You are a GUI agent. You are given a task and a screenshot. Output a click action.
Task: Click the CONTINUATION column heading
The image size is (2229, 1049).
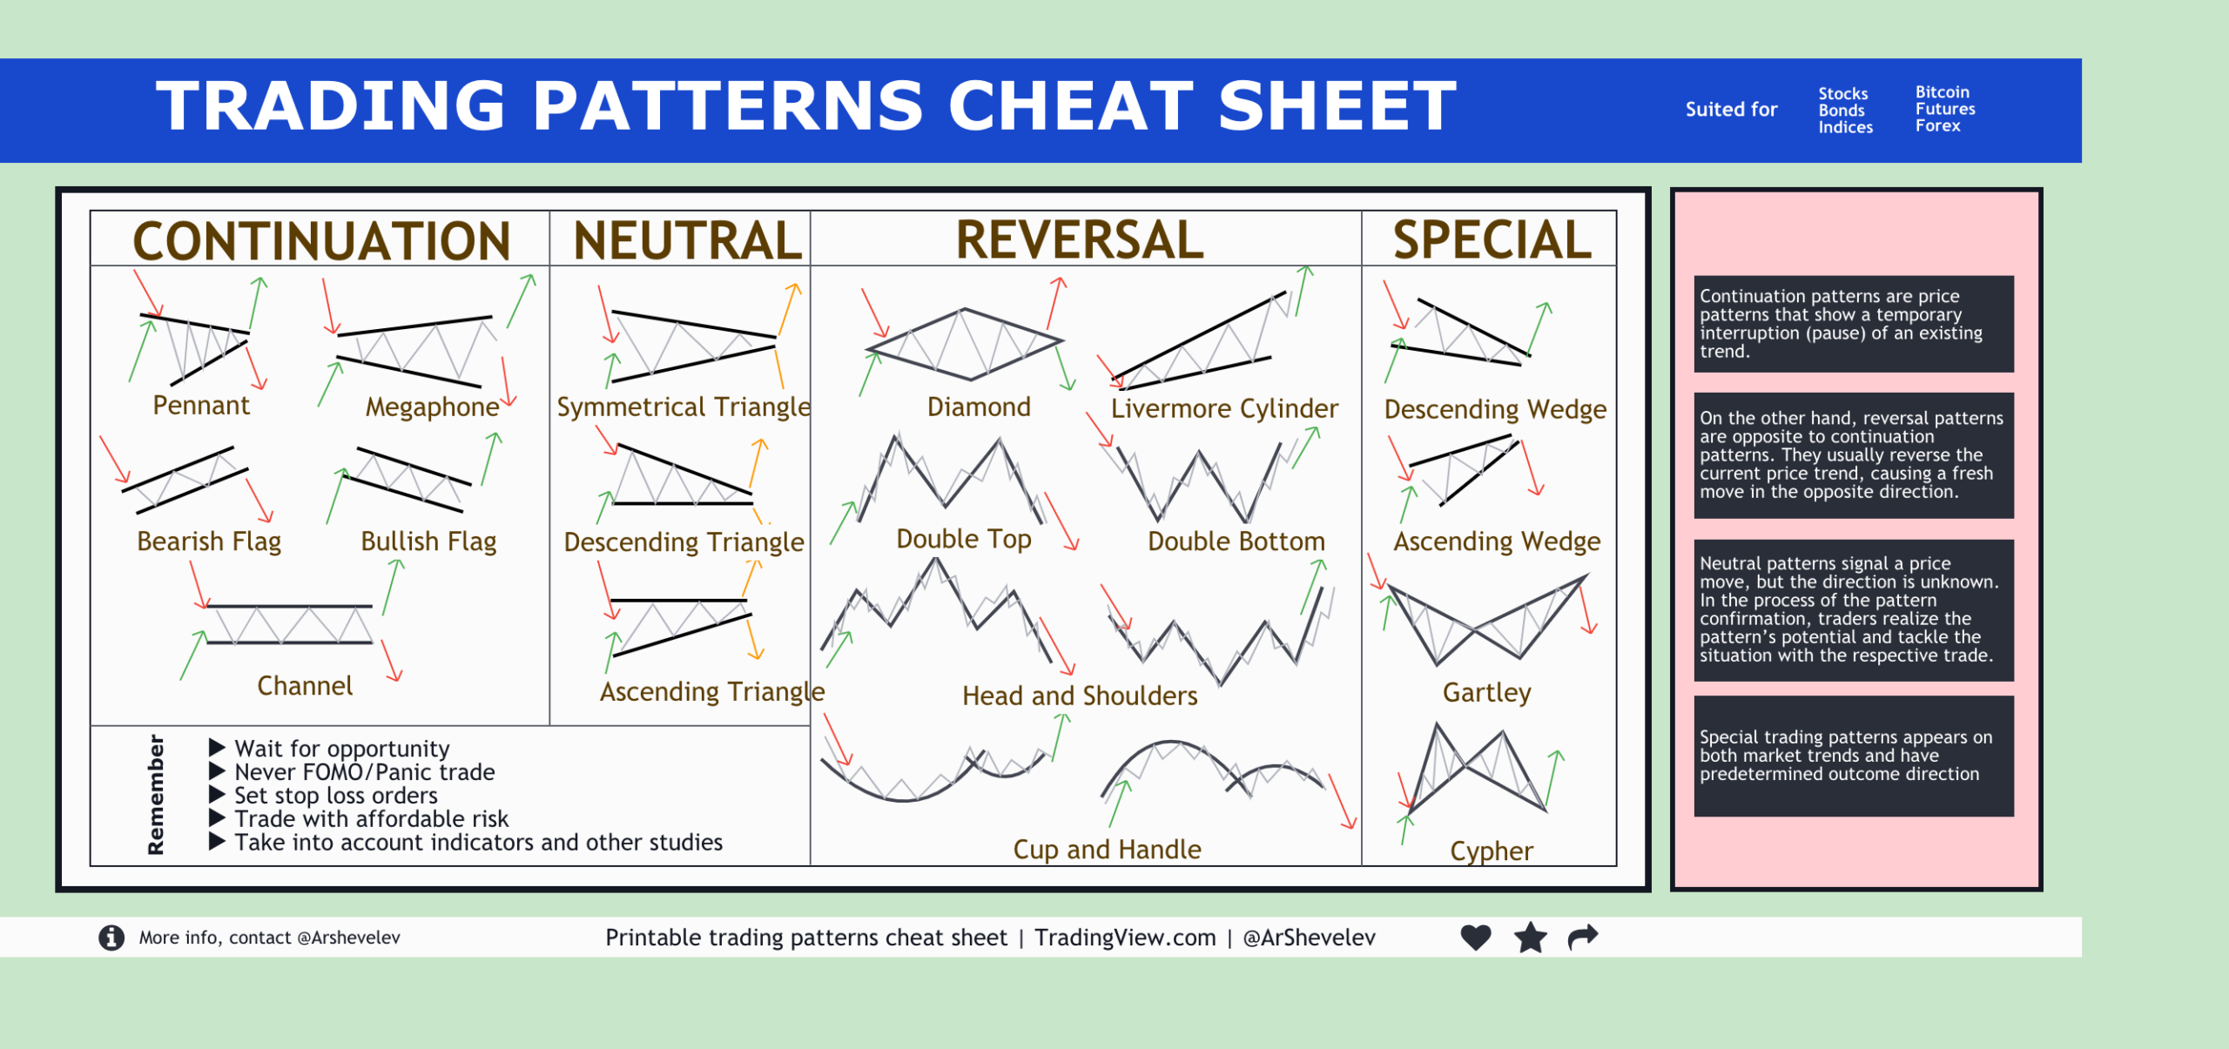[320, 241]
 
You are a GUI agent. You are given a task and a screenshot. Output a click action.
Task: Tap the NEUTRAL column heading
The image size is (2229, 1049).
[687, 241]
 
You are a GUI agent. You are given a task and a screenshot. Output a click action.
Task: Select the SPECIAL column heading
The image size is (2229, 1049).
[1492, 240]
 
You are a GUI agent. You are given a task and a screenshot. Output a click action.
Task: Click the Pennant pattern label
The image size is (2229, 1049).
[200, 406]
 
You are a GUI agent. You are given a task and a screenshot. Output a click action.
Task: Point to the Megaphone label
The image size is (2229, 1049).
[432, 407]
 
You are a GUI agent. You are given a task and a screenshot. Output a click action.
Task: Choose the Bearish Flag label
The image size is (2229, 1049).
[209, 541]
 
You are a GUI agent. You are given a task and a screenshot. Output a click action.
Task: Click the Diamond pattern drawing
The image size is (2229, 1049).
[965, 345]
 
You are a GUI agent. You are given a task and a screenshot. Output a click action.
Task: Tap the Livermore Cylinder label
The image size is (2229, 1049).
[1223, 408]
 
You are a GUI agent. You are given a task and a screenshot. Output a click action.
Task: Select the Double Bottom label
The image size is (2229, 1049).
[1236, 541]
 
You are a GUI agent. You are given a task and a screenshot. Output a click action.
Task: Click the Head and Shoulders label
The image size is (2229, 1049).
[1080, 696]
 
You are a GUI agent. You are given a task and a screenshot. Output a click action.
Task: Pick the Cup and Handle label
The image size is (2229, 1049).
[1107, 849]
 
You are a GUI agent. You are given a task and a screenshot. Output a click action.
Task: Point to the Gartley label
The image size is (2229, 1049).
[1486, 692]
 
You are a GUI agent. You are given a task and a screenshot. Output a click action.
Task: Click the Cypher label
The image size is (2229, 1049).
[1491, 851]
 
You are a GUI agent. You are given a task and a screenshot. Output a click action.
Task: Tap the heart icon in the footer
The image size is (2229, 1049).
[1476, 938]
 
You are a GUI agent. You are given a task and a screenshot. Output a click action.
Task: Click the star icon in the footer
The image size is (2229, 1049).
[1530, 938]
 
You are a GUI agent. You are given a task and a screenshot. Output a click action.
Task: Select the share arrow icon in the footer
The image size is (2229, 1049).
[1583, 937]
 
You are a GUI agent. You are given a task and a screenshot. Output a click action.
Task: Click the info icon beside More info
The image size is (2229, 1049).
[111, 938]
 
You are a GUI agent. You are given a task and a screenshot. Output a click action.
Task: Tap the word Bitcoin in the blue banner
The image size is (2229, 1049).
[1942, 92]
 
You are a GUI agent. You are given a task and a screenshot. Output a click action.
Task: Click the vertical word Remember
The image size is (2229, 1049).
[156, 794]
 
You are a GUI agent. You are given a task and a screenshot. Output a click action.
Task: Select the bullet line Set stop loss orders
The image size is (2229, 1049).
[335, 796]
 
